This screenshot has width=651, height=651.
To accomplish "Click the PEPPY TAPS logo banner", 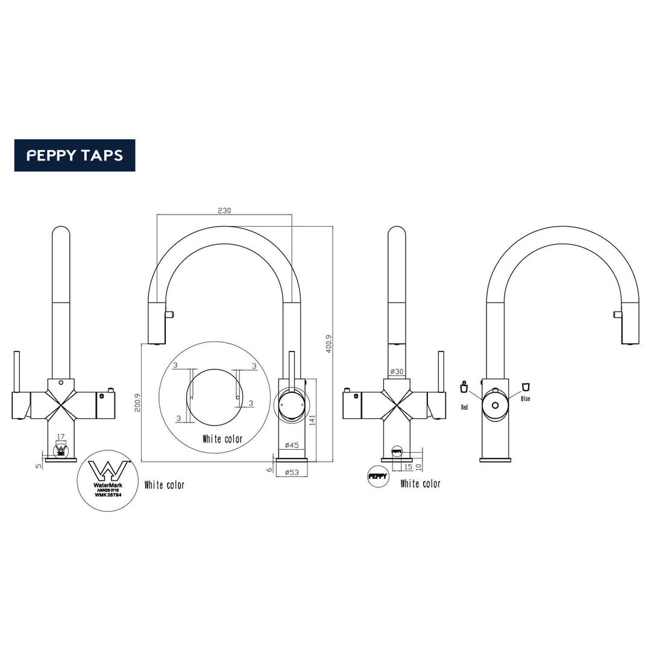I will point(75,156).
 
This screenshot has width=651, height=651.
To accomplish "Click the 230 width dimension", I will point(224,210).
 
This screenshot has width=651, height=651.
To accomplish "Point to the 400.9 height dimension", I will point(329,344).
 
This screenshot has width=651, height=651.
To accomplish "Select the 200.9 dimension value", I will point(137,403).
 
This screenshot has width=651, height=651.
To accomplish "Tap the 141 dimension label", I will point(312,420).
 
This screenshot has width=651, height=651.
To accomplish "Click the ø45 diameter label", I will point(292,445).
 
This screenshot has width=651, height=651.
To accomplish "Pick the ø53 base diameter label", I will point(292,472).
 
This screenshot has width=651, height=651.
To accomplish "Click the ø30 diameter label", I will point(396,372).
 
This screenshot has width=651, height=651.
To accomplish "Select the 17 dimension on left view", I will point(60,437).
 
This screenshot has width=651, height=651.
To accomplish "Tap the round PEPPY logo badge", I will point(377,476).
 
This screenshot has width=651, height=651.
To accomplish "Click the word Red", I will point(464,408).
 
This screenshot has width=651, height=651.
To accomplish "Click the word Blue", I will point(525,399).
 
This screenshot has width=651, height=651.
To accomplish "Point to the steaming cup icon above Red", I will point(464,386).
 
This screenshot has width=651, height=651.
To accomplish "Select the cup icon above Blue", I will point(525,386).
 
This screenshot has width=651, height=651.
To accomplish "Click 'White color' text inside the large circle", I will point(222,439).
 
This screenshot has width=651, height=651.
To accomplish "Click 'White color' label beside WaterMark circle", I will point(165,485).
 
